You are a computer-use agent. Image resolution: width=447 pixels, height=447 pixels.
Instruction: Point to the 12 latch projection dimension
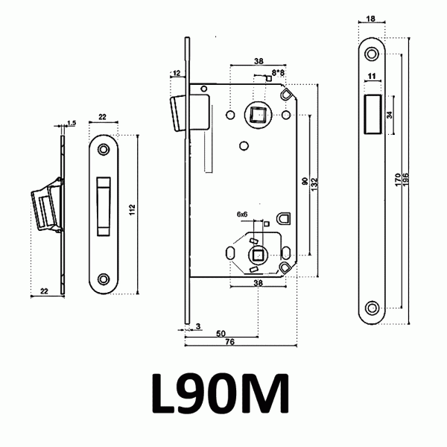176,73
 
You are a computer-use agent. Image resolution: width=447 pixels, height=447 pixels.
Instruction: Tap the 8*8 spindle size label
278,72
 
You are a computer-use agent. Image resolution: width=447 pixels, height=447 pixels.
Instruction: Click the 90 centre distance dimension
304,181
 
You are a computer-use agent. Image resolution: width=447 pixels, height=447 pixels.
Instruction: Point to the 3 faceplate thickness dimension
197,326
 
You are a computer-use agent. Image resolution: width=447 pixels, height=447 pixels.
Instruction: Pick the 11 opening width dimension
372,77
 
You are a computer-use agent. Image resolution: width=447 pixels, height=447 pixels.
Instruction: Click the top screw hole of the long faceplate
372,55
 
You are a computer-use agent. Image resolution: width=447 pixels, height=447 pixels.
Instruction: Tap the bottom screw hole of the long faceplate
372,307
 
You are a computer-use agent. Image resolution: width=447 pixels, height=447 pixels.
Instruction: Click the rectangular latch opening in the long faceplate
372,114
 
